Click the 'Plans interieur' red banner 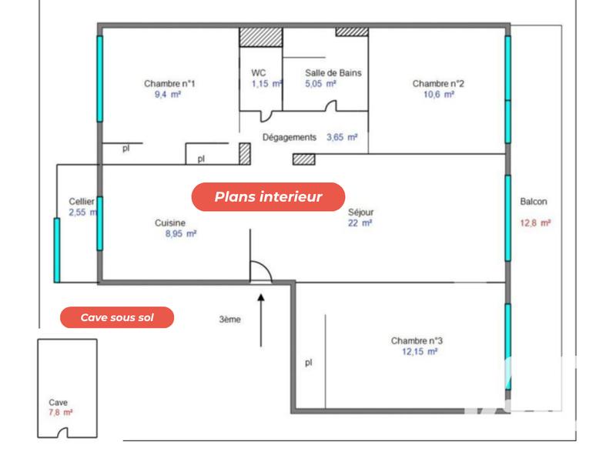(268, 197)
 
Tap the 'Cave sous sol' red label (117, 316)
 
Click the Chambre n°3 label (417, 340)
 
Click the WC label (259, 73)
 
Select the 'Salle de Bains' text (333, 73)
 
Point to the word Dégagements (290, 138)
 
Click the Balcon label (534, 203)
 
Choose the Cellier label (82, 202)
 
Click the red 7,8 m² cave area (61, 413)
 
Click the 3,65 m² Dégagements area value (342, 138)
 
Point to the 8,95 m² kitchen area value (181, 233)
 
